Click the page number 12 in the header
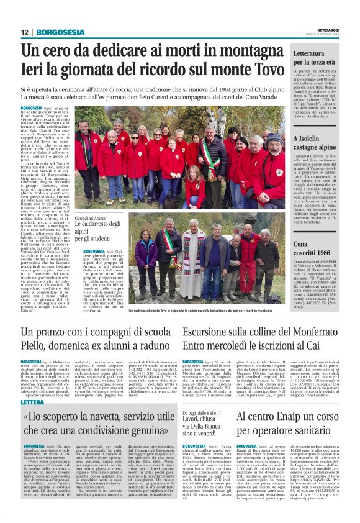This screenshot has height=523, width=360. click(x=25, y=32)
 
